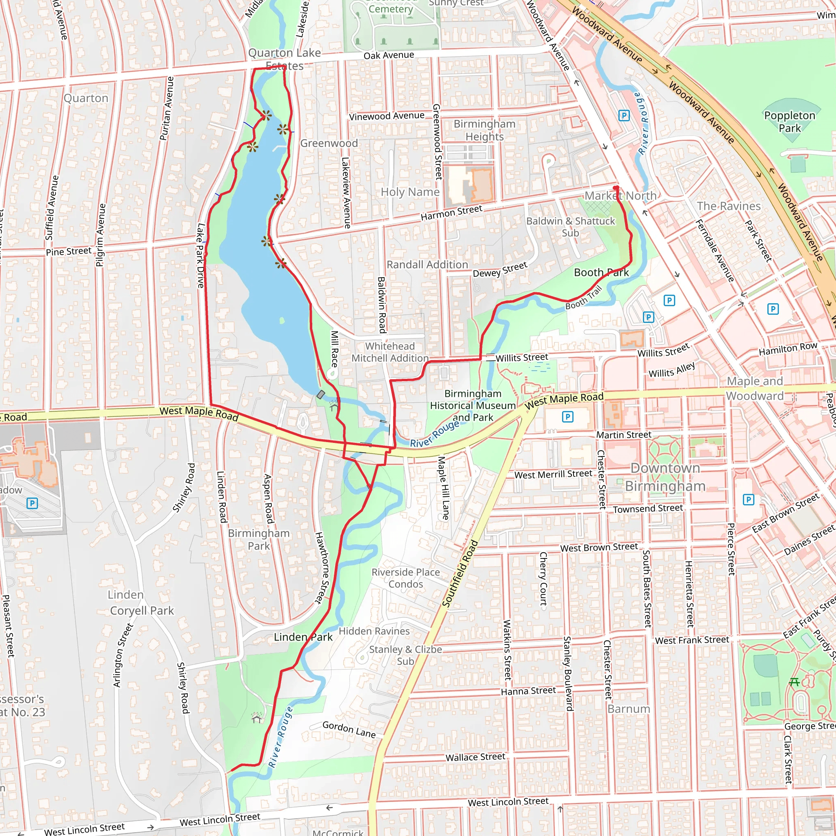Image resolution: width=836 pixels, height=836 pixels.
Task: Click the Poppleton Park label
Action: (x=789, y=122)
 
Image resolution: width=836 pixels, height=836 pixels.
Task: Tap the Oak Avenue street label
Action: (x=389, y=56)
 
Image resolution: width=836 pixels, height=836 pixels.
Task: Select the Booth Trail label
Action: (x=583, y=298)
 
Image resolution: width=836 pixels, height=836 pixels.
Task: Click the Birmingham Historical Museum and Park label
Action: (x=473, y=405)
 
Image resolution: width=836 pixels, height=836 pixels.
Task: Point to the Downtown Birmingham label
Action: (x=665, y=477)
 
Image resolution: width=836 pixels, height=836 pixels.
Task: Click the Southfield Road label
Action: (x=460, y=574)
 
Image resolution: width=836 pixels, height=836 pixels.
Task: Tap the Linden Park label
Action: (x=303, y=637)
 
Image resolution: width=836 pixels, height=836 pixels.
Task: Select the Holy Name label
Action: (x=410, y=192)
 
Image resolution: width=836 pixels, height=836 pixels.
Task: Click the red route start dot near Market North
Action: (x=616, y=188)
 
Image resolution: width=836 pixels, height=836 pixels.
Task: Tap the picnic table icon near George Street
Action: (x=794, y=682)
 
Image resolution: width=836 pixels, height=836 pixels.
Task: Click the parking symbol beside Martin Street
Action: (x=567, y=417)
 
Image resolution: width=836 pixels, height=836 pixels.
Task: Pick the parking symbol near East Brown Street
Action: (x=748, y=500)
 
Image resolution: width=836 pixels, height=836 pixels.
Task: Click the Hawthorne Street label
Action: (x=322, y=568)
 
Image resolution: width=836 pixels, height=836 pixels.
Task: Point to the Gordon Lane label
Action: (x=349, y=729)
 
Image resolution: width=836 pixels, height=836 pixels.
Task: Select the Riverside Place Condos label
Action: (x=405, y=578)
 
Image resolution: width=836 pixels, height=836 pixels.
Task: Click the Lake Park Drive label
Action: (x=200, y=255)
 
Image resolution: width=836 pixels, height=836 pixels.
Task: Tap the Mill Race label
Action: (x=334, y=349)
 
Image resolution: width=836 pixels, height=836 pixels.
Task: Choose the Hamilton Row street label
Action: (x=787, y=348)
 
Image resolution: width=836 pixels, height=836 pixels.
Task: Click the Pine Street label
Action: (x=69, y=251)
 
